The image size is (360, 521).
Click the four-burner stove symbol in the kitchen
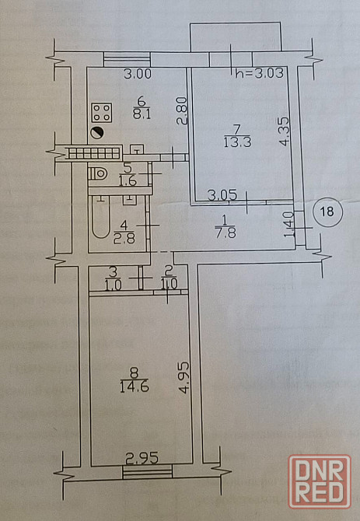click(x=102, y=113)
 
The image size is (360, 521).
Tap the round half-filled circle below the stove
click(x=98, y=132)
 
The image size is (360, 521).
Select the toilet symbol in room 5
click(x=98, y=173)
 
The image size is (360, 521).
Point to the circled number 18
click(x=327, y=212)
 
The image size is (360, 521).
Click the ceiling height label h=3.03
click(x=260, y=73)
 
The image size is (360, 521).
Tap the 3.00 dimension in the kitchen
click(x=138, y=73)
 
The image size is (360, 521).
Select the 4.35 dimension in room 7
click(x=285, y=131)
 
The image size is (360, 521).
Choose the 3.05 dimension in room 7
click(x=222, y=194)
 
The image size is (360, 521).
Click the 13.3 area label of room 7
click(x=237, y=142)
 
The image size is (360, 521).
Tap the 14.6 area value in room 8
click(x=135, y=386)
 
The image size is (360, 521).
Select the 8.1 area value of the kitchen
click(x=142, y=114)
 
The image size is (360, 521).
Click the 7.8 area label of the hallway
click(x=225, y=233)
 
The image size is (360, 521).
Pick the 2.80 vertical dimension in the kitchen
click(x=182, y=110)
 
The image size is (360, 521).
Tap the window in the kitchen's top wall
click(x=127, y=59)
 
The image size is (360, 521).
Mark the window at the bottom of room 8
click(x=148, y=472)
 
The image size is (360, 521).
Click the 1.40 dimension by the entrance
click(x=289, y=225)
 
